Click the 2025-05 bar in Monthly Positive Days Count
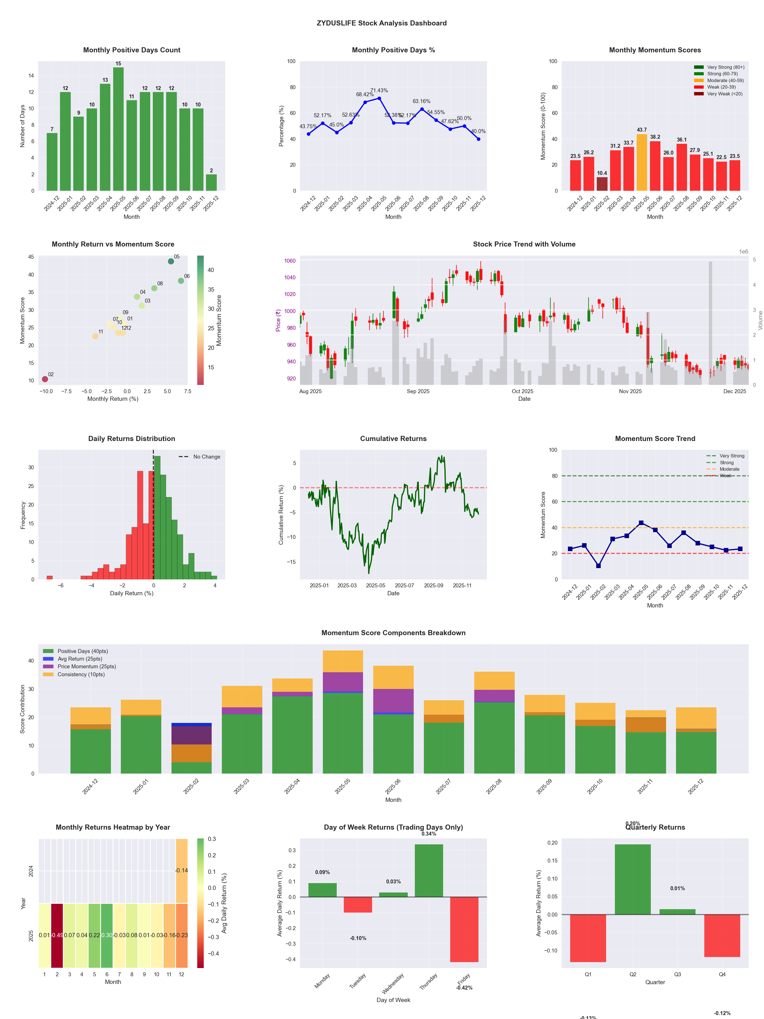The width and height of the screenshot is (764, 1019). point(118,129)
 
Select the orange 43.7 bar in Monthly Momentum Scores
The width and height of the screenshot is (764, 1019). point(641,162)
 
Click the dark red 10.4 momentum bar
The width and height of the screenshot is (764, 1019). point(602,183)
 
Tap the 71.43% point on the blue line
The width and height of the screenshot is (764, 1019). point(379,98)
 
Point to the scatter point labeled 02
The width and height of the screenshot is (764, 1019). point(45,379)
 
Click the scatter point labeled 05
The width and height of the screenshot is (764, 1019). point(171,261)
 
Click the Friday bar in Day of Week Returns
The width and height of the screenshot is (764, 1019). point(464,929)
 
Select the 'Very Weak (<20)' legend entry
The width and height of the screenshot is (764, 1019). point(724,94)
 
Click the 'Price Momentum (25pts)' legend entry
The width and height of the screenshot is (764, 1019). point(87,667)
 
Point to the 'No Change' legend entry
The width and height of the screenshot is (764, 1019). point(206,457)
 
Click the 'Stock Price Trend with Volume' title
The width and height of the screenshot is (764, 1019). point(524,244)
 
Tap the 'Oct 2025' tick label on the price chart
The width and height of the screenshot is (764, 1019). point(522,391)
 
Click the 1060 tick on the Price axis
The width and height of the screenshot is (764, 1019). point(290,261)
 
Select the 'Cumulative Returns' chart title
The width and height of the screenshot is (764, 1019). point(393,438)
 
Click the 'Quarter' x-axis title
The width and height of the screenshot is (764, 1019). point(655,982)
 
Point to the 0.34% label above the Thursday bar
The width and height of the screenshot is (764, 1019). point(429,834)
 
